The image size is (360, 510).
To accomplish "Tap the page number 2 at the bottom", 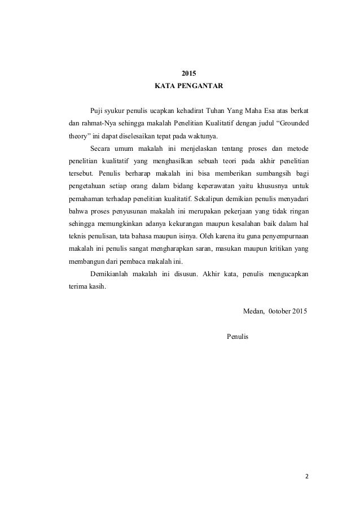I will coord(308,476).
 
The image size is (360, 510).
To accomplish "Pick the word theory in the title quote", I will coord(73,136).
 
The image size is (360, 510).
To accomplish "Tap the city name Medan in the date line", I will coord(252,312).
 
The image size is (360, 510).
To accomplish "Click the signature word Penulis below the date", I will coord(237,337).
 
